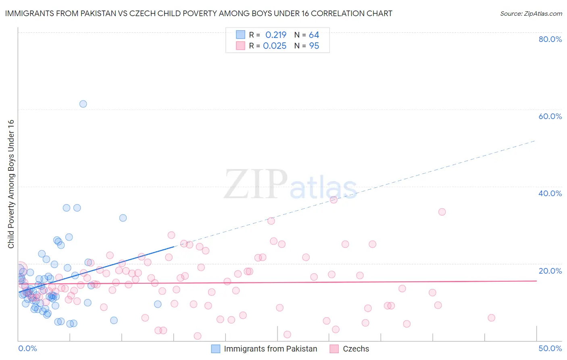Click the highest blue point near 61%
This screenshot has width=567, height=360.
[x=83, y=104]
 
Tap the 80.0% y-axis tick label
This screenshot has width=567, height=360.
[x=550, y=39]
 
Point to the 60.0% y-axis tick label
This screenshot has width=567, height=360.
[x=550, y=116]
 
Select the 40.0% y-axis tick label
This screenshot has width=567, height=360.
[x=550, y=193]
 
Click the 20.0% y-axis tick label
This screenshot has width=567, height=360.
[x=550, y=271]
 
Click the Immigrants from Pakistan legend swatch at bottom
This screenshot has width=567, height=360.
[x=216, y=349]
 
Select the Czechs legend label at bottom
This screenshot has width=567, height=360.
[x=356, y=349]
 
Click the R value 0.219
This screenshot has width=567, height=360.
[x=276, y=35]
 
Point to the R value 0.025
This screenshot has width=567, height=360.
[x=275, y=46]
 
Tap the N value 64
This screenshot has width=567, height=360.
[x=314, y=35]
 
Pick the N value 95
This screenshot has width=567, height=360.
[x=314, y=46]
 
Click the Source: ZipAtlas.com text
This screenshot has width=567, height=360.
[x=531, y=14]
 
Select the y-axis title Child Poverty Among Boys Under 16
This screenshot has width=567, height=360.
[x=11, y=184]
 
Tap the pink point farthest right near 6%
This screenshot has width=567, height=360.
[x=491, y=318]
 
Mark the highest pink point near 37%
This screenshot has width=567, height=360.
[x=334, y=200]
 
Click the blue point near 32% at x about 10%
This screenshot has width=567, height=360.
[x=123, y=218]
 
